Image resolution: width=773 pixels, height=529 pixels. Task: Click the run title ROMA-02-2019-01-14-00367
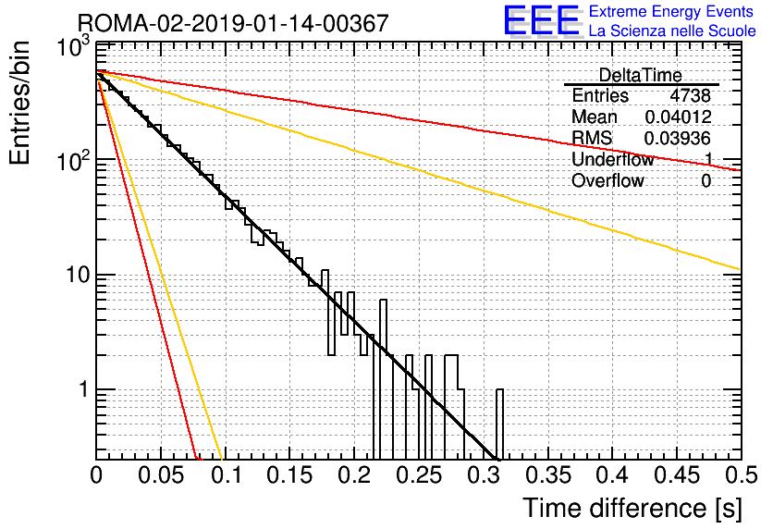[x=233, y=24]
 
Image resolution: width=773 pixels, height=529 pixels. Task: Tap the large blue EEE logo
[x=541, y=21]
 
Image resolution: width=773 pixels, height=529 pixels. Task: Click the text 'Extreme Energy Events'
[x=671, y=11]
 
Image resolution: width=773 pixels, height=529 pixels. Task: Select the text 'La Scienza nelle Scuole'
[x=672, y=31]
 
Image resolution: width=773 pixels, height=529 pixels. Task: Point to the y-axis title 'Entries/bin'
[x=19, y=103]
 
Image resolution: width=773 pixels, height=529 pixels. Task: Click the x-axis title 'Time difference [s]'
[x=632, y=508]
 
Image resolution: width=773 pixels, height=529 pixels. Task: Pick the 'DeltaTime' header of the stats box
[x=640, y=76]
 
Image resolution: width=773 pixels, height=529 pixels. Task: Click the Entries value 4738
[x=690, y=95]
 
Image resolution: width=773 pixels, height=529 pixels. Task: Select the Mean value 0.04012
[x=678, y=117]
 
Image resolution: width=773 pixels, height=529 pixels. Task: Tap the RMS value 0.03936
[x=678, y=139]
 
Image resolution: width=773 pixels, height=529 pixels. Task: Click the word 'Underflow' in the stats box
[x=612, y=160]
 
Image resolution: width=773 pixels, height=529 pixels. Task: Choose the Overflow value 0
[x=706, y=181]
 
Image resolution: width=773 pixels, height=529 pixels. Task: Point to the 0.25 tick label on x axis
[x=419, y=475]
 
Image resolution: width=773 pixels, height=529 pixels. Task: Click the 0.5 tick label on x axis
[x=742, y=475]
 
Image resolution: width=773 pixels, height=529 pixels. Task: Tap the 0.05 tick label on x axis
[x=161, y=475]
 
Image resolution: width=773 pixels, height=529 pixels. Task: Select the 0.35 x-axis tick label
[x=548, y=475]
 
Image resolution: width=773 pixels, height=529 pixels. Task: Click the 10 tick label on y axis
[x=78, y=275]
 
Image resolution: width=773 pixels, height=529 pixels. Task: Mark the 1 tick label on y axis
[x=83, y=389]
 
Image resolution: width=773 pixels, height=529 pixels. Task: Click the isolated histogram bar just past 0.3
[x=499, y=424]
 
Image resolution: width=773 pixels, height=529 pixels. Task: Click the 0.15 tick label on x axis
[x=290, y=475]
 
